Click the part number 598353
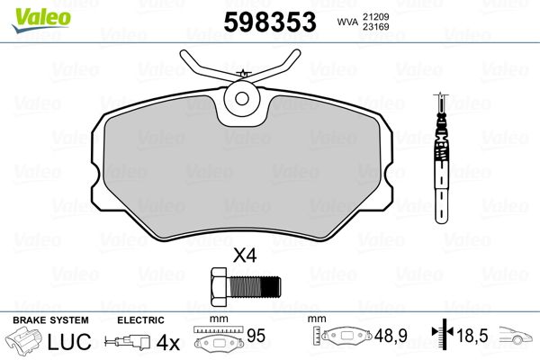click(270, 22)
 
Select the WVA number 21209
click(375, 16)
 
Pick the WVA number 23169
click(375, 26)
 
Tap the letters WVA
click(347, 22)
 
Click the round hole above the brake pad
click(242, 98)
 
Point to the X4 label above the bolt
click(245, 256)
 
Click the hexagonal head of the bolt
click(219, 286)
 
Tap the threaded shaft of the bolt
click(254, 287)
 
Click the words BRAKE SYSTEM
click(50, 320)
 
